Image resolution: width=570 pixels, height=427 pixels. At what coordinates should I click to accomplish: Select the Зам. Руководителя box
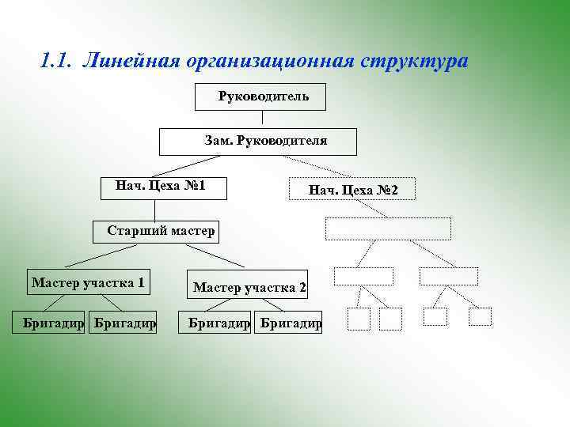coord(258,141)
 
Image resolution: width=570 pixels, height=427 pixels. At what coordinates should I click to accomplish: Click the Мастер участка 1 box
coord(89,282)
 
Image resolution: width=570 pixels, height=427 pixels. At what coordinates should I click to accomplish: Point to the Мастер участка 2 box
coord(249,287)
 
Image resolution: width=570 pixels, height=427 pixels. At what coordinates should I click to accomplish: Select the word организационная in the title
coord(270,61)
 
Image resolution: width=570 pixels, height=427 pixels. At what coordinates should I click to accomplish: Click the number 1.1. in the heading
coord(55,61)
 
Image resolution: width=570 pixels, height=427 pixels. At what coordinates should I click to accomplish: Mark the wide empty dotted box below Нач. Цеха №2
coord(388,228)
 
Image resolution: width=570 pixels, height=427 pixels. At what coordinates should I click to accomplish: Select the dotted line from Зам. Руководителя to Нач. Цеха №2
coord(325,166)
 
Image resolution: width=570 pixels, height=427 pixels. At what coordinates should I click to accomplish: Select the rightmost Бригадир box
coord(290,323)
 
